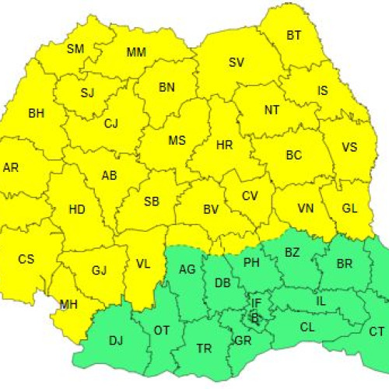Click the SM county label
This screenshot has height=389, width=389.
(x=75, y=49)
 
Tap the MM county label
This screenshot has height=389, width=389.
(x=136, y=53)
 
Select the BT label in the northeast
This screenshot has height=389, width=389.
(x=294, y=35)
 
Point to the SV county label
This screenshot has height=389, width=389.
(x=237, y=63)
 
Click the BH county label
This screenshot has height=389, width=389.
(x=37, y=114)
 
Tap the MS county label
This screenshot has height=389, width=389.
(x=177, y=141)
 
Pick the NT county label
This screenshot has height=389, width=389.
(x=272, y=110)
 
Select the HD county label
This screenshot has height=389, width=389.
(x=77, y=209)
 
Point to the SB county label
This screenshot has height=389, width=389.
(x=152, y=202)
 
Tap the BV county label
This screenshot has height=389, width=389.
(x=210, y=209)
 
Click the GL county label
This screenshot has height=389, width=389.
(x=350, y=209)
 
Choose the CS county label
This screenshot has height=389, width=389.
(x=26, y=258)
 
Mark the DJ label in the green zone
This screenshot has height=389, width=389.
(x=116, y=340)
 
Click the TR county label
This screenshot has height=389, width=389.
(x=204, y=349)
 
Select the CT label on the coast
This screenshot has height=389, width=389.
(x=377, y=332)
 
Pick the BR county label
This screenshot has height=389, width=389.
(x=345, y=264)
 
